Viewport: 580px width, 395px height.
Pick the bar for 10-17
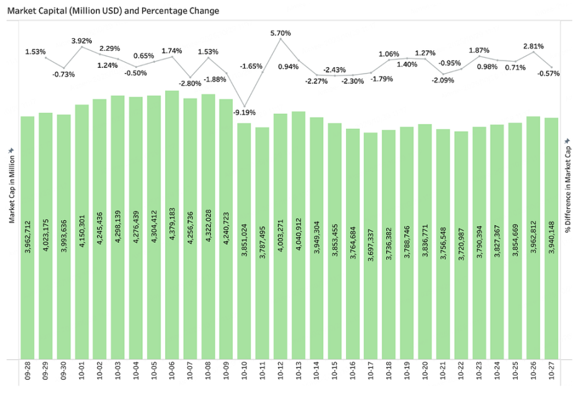tap(371, 245)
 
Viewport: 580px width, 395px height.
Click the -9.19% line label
tap(244, 113)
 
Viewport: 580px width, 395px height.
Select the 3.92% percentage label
tap(82, 41)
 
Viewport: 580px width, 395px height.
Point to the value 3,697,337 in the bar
tap(371, 230)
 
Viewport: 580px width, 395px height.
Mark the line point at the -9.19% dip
tap(244, 106)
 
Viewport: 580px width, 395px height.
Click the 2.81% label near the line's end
tap(533, 46)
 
